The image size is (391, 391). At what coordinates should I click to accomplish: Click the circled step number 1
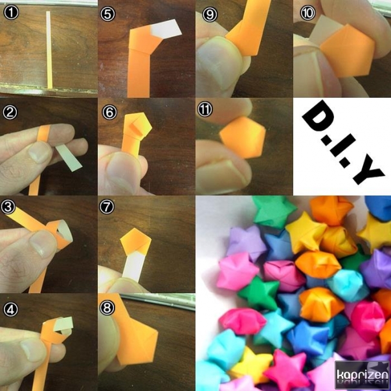click(11, 12)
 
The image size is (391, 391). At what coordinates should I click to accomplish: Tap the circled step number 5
click(107, 14)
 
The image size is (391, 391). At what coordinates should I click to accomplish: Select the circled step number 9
click(210, 14)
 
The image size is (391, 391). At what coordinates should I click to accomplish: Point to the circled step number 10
click(307, 13)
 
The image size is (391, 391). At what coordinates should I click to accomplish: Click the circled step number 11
click(205, 109)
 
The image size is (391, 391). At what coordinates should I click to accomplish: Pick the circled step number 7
click(107, 207)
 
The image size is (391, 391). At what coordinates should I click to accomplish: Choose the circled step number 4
click(10, 309)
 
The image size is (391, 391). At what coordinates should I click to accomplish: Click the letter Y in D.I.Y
click(368, 171)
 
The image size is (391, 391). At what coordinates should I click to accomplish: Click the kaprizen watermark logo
click(362, 375)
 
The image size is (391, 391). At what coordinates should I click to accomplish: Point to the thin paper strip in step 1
click(49, 50)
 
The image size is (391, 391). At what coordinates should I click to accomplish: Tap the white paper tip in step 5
click(166, 29)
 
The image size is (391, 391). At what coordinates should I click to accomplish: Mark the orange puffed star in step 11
click(243, 137)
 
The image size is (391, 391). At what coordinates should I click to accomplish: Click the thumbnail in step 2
click(40, 152)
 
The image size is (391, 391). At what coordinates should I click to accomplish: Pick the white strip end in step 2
click(69, 157)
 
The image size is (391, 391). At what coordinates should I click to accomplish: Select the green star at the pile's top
click(273, 212)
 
